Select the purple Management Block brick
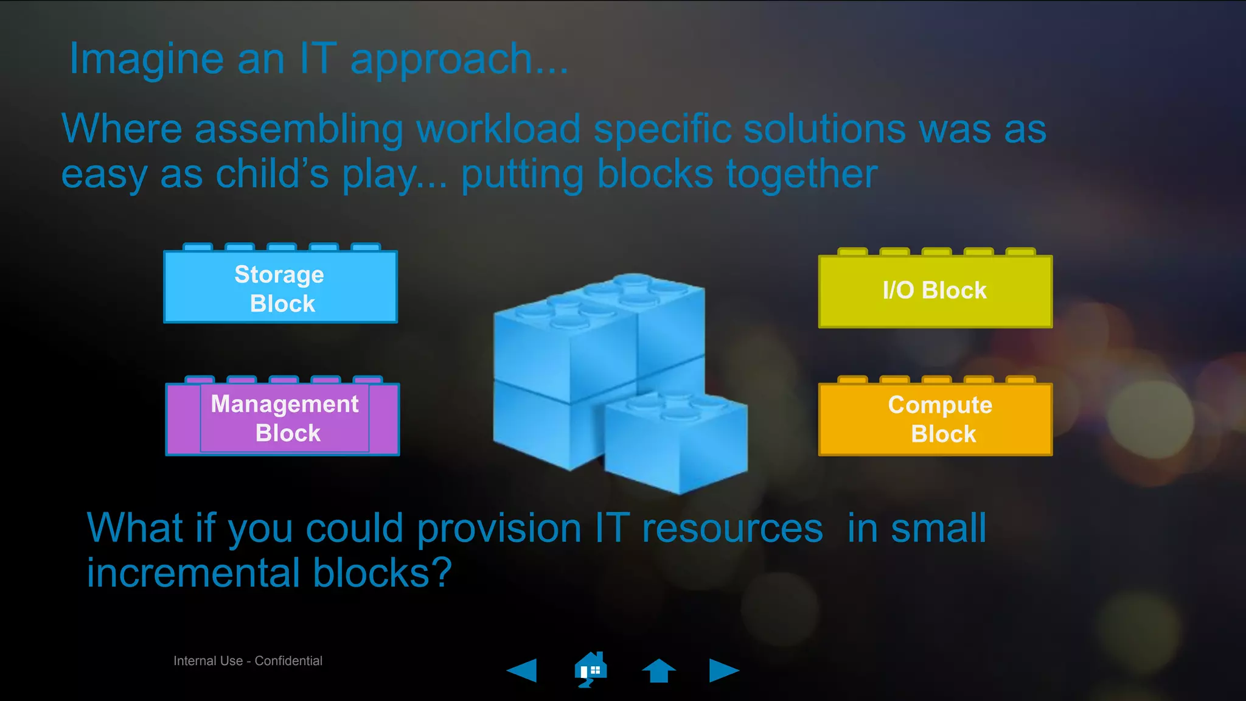tap(283, 419)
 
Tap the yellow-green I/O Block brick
tap(935, 291)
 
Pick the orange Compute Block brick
tap(935, 419)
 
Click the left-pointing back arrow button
tap(522, 671)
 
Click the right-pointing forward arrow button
tap(724, 671)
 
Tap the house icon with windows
tap(590, 669)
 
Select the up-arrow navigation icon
tap(658, 671)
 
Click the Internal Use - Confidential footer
tap(248, 661)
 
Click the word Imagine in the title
tap(147, 60)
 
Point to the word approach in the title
tap(442, 60)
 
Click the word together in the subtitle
tap(802, 174)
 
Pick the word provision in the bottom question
tap(499, 528)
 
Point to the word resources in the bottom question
tap(733, 528)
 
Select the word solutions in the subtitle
tap(824, 129)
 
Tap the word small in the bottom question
tap(938, 528)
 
